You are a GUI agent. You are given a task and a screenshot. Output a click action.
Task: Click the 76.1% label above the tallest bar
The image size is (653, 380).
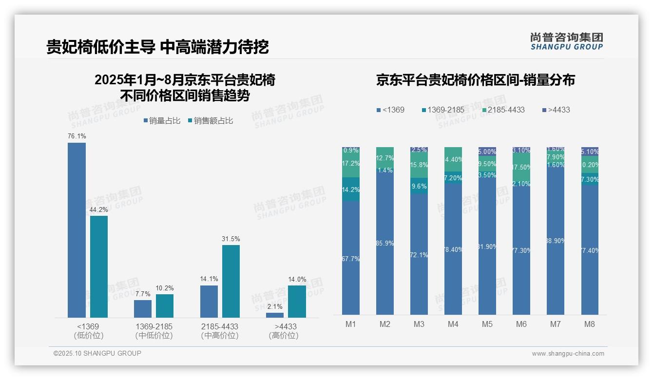[x=77, y=136]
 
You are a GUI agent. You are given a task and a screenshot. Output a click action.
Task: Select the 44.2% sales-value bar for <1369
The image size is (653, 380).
[x=99, y=266]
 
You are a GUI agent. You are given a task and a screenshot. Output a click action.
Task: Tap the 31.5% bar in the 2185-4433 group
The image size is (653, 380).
[x=231, y=281]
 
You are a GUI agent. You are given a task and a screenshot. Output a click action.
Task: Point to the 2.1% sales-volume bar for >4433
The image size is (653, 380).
[x=275, y=315]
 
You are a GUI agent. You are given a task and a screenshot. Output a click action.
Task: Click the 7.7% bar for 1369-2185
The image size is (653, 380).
[x=143, y=309]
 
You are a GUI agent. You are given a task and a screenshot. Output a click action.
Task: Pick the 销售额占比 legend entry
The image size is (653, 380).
[x=211, y=121]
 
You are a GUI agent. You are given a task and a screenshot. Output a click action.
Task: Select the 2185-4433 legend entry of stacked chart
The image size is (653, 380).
[x=504, y=110]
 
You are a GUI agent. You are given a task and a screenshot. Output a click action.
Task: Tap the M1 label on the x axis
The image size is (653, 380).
[x=351, y=324]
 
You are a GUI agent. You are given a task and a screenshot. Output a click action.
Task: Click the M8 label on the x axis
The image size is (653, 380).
[x=590, y=324]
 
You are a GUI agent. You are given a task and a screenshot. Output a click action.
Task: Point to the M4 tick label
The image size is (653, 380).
[x=453, y=324]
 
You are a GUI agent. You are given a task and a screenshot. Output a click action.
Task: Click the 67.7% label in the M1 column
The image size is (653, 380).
[x=351, y=259]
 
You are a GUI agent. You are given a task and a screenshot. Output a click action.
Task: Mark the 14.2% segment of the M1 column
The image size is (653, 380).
[x=351, y=190]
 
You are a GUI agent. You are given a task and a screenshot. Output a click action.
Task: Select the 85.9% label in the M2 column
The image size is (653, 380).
[x=385, y=244]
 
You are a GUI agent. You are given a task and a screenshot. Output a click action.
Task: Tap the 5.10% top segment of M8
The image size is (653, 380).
[x=590, y=152]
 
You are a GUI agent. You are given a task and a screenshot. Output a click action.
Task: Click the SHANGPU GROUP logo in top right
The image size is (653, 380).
[x=566, y=41]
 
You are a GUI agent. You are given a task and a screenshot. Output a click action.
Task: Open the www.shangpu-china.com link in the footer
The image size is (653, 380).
[x=568, y=354]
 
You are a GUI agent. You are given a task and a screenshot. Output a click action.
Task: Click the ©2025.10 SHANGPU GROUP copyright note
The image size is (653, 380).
[x=97, y=353]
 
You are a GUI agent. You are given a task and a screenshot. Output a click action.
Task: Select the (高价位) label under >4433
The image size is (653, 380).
[x=284, y=336]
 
